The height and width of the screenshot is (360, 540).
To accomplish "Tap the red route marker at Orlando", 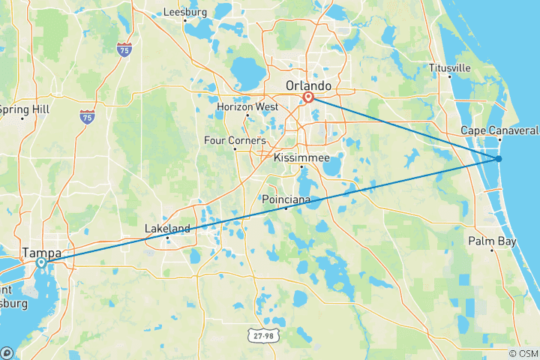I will point(308,97).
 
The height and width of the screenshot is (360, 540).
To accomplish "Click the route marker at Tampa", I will point(41,262).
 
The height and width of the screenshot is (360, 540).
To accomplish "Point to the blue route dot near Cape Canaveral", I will point(498,158).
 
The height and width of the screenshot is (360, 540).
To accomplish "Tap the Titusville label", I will point(450,67).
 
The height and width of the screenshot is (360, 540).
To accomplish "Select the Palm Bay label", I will point(491,241).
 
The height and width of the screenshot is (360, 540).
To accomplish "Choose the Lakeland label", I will point(167,228).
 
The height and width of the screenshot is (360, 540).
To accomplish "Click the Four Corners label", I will point(235,139).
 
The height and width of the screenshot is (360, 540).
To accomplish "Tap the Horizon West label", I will point(247,106).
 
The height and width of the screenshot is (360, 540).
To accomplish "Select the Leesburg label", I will point(185,12).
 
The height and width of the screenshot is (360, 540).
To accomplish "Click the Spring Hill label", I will point(24,109).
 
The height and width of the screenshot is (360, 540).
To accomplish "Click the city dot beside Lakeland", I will point(167,238).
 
